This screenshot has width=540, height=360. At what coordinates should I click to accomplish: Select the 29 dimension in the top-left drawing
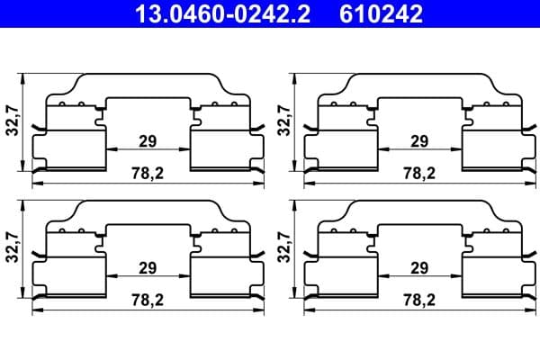148,140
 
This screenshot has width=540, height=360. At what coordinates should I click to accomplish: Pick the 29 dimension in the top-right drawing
418,140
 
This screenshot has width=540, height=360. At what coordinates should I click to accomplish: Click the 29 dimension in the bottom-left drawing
148,268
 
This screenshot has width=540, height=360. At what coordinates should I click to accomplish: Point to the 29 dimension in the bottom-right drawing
418,268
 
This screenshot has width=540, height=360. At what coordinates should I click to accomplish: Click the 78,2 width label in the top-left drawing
148,172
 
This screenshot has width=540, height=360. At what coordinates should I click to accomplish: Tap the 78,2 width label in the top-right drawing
418,172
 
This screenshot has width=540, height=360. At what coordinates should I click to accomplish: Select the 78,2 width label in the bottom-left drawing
148,300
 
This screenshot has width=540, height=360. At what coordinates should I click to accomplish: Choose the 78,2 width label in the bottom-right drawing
418,300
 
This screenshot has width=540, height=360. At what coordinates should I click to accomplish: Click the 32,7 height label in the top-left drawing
11,118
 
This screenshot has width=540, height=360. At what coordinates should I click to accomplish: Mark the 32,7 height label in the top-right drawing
283,118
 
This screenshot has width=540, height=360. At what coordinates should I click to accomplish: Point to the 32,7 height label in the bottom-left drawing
11,246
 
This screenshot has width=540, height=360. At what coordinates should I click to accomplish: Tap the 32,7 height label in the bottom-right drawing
283,246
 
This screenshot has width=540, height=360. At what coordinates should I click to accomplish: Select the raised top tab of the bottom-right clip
418,211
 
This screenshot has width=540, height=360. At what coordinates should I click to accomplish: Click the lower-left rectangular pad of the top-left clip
69,148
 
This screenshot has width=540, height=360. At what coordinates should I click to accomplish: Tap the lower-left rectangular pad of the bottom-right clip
340,276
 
